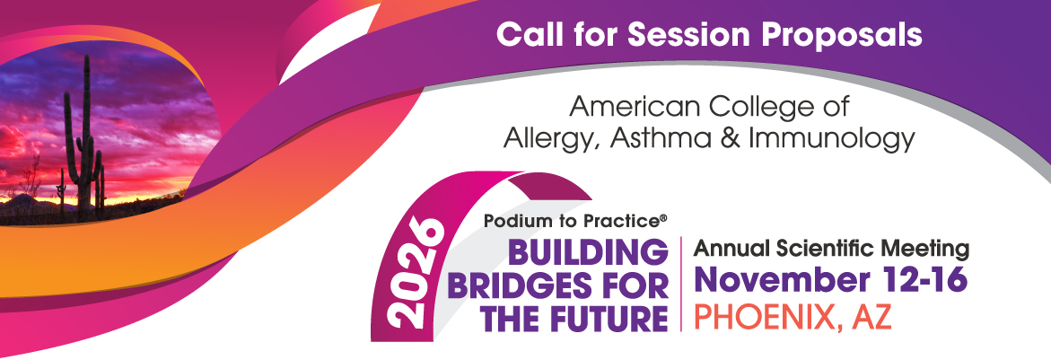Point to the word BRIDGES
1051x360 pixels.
pyautogui.click(x=524, y=287)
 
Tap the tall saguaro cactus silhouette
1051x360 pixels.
pyautogui.click(x=84, y=144)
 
